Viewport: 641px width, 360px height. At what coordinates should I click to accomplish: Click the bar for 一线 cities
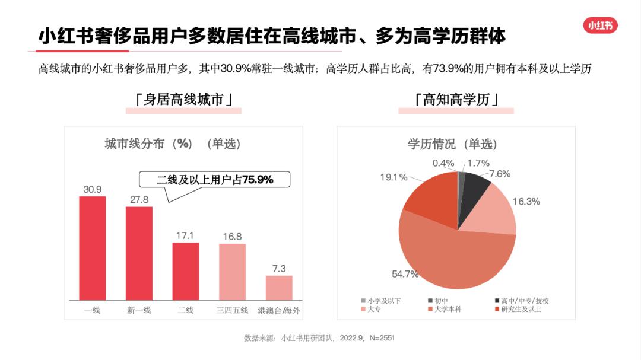click(93, 248)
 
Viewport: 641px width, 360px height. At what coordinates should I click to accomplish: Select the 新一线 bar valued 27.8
click(139, 253)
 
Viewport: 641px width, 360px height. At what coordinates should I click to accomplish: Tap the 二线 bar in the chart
click(186, 271)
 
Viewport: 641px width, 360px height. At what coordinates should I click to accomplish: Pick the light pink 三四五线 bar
click(232, 272)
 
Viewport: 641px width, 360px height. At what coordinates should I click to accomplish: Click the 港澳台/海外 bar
click(279, 288)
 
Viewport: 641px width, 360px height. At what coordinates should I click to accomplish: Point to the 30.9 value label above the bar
click(93, 190)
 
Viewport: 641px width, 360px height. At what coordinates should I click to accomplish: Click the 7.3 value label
click(279, 269)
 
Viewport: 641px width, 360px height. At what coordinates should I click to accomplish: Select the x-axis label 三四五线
click(232, 310)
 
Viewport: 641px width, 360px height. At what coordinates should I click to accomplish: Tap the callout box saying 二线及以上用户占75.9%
click(215, 180)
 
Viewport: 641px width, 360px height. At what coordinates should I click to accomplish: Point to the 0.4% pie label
click(443, 163)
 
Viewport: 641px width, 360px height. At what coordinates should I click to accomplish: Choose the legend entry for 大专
click(374, 309)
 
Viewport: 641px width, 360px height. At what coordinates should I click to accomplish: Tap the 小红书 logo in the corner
click(601, 26)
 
